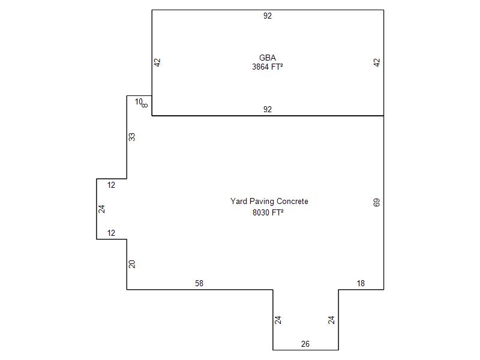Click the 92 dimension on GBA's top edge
[x=267, y=16]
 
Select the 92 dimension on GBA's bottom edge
[x=267, y=109]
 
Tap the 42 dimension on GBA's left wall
[x=157, y=62]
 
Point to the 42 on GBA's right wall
[x=377, y=62]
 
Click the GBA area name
[x=267, y=58]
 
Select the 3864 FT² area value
[x=267, y=67]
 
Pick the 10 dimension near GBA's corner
[x=139, y=101]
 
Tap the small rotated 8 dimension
[x=145, y=106]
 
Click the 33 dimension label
[x=132, y=137]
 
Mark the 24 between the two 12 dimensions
[x=101, y=209]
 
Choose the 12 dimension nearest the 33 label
[x=111, y=185]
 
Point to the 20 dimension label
[x=132, y=264]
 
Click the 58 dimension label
[x=199, y=283]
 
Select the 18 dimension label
[x=361, y=283]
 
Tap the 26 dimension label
[x=305, y=344]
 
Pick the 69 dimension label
[x=377, y=202]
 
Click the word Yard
[x=239, y=201]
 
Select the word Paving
[x=262, y=202]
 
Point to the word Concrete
[x=292, y=201]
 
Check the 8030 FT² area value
[x=268, y=212]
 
